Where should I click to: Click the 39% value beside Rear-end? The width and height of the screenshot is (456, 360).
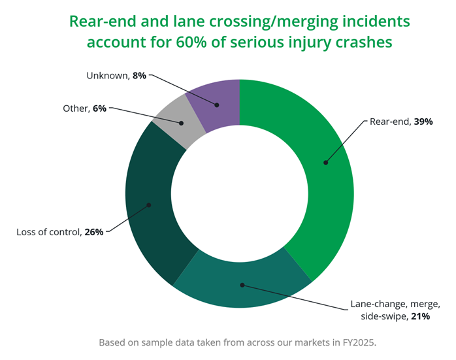click(x=423, y=122)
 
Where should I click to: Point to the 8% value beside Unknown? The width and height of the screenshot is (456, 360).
click(x=139, y=76)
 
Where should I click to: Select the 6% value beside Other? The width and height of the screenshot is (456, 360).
click(x=99, y=108)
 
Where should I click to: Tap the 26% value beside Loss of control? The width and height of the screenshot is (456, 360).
click(x=94, y=232)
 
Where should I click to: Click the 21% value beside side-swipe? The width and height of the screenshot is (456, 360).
click(x=421, y=316)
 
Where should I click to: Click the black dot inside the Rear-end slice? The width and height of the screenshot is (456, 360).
click(x=326, y=163)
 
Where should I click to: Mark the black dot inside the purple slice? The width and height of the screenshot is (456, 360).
click(x=217, y=105)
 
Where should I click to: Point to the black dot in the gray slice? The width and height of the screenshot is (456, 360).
click(x=181, y=123)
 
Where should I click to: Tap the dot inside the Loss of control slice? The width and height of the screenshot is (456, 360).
click(x=148, y=205)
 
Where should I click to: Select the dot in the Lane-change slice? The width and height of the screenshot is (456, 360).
click(x=242, y=285)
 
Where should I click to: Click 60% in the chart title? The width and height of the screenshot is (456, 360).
click(x=191, y=42)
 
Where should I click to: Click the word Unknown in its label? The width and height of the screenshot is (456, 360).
click(x=108, y=76)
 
